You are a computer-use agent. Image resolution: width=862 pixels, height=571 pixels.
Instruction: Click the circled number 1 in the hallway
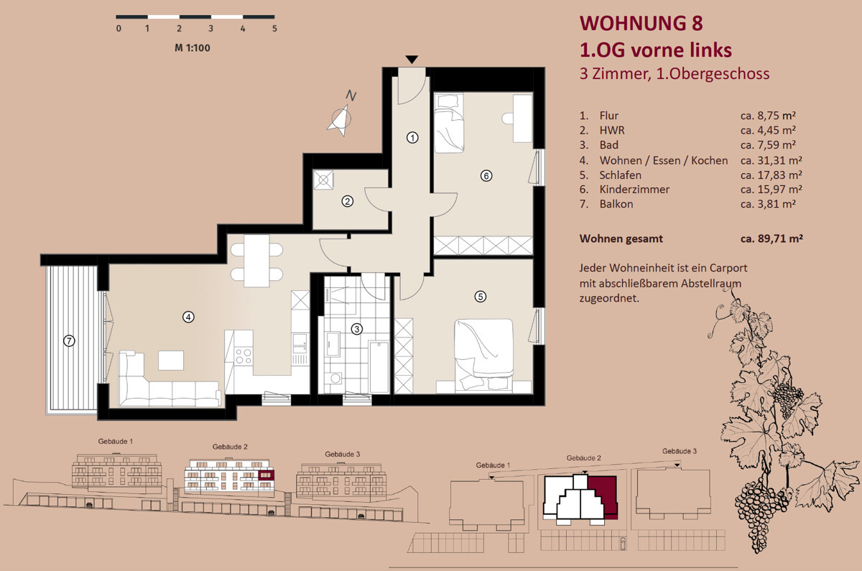[412, 137]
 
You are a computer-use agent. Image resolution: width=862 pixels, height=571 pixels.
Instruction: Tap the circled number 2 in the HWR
[348, 201]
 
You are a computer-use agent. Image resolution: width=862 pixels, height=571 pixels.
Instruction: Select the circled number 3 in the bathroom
[357, 329]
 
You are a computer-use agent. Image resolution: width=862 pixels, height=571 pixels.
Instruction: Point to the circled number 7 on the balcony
[69, 340]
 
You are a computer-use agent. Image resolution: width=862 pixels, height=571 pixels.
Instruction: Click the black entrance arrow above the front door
[412, 60]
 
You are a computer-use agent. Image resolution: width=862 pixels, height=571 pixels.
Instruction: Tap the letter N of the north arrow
[351, 96]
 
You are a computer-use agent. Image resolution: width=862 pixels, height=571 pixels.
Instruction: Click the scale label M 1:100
[193, 48]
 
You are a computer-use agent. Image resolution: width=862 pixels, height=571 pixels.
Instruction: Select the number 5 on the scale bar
[274, 29]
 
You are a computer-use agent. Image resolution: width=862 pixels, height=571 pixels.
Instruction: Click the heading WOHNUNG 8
[641, 23]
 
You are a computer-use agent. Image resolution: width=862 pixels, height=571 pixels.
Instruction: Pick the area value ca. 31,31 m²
[771, 160]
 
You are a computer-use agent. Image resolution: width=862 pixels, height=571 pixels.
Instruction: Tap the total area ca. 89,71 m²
[771, 238]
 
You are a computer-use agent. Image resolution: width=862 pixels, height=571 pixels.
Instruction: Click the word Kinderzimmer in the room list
[634, 190]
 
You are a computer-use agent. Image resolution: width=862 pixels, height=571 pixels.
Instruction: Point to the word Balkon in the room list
[616, 204]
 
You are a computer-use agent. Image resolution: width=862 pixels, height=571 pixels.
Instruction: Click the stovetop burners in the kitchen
[244, 356]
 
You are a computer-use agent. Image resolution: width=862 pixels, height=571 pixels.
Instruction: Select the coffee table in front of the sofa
[171, 360]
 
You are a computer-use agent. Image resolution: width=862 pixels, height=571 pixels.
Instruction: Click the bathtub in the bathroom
[379, 367]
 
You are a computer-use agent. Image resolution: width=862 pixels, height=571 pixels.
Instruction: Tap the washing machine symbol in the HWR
[323, 180]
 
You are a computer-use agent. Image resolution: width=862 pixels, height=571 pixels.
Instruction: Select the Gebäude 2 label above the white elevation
[230, 447]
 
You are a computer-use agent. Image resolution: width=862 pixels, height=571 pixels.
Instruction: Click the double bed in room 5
[483, 356]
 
